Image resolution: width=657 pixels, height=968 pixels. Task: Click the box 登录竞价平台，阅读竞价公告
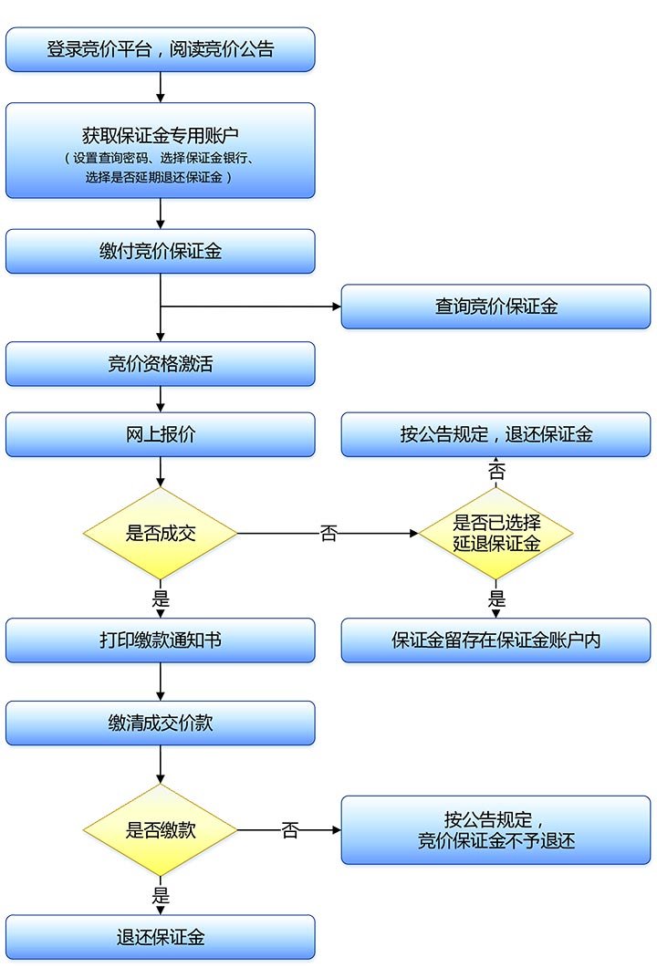point(160,49)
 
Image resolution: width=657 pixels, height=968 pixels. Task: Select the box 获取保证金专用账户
point(160,151)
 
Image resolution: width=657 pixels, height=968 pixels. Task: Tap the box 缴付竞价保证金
point(160,252)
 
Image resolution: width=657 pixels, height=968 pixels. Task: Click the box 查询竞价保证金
point(495,307)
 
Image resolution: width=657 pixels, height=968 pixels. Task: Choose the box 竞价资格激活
point(160,364)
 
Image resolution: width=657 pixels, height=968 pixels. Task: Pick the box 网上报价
point(160,435)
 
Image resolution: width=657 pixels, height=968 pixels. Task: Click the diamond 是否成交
point(160,534)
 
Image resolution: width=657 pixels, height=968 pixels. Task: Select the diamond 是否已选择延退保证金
point(495,534)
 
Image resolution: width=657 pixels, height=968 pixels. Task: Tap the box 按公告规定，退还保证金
point(495,435)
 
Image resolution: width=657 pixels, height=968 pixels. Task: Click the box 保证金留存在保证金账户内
point(495,640)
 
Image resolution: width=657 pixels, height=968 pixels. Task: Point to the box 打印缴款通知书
point(160,640)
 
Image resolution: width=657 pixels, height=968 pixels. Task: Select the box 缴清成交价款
point(160,723)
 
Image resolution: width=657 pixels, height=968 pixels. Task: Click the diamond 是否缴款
point(160,830)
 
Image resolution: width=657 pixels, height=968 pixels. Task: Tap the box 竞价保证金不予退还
point(495,830)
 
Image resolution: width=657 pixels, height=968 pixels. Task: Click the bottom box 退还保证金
point(160,937)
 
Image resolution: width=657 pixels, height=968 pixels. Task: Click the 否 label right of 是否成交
point(328,534)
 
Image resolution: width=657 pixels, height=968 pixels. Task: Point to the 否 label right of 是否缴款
point(289,830)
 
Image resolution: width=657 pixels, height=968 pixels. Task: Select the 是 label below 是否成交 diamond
point(161,599)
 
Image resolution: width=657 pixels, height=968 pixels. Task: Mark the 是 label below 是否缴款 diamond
point(161,895)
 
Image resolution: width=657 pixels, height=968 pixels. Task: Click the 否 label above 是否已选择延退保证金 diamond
point(496,472)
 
